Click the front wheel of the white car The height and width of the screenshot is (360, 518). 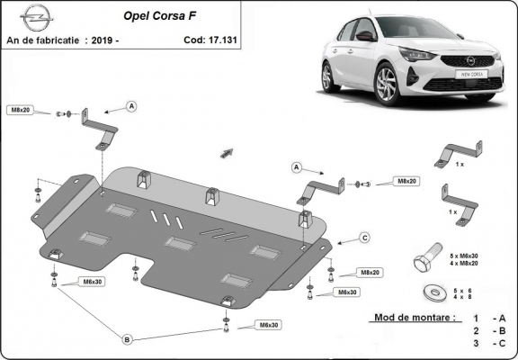tap(385, 85)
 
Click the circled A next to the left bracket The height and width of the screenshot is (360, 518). tap(131, 106)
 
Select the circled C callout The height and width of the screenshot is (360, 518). tap(364, 238)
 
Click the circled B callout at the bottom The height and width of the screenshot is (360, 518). tap(128, 338)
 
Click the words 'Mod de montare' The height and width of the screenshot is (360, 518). tap(411, 319)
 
